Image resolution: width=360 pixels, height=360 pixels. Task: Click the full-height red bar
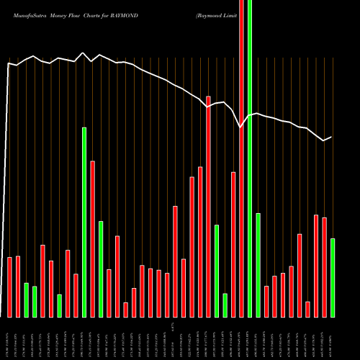(x=241, y=158)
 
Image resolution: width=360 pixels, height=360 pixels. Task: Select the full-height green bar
(x=250, y=158)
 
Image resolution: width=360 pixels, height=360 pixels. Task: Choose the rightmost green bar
(x=333, y=277)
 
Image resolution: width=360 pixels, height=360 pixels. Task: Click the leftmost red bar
(x=9, y=287)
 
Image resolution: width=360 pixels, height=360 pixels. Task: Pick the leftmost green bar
(x=26, y=300)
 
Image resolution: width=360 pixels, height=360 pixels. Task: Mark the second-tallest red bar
(x=208, y=207)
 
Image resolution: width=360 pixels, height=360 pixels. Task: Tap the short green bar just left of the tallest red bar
(x=225, y=305)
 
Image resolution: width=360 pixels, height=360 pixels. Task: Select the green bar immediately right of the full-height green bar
(x=258, y=265)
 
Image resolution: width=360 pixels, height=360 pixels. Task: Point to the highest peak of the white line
(x=84, y=53)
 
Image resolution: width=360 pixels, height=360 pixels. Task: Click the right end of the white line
(x=332, y=137)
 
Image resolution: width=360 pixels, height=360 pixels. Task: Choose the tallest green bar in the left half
(x=84, y=222)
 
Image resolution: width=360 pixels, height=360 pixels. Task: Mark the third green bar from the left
(x=59, y=305)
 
